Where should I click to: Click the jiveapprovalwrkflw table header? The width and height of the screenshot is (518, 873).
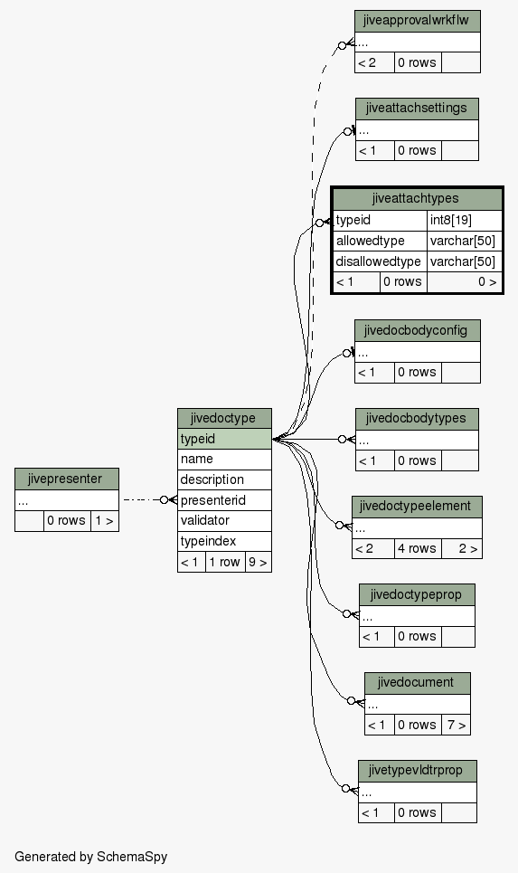(418, 21)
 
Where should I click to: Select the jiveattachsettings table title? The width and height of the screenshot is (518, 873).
(417, 109)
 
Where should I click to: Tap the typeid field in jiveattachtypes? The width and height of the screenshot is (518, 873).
(380, 220)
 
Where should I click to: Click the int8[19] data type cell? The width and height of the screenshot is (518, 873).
(465, 220)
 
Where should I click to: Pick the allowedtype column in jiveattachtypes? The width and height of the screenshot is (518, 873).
(380, 241)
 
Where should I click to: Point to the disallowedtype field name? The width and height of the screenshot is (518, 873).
(380, 261)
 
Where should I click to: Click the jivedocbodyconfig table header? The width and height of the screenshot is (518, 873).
(418, 331)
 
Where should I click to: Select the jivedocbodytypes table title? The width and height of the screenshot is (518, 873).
(417, 419)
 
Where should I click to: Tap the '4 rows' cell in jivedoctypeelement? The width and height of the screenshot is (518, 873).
(418, 548)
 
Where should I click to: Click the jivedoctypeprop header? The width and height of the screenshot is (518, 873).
(417, 594)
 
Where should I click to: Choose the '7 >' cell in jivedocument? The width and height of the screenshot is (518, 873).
(456, 725)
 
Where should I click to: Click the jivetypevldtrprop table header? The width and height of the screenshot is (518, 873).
(418, 771)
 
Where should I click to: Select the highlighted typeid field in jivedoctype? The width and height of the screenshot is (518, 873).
(224, 439)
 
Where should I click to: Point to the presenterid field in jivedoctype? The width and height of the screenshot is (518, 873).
(224, 500)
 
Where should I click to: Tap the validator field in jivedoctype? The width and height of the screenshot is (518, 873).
(224, 520)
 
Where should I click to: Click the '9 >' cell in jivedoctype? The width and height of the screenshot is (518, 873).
(259, 562)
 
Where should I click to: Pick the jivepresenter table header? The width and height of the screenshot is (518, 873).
(67, 479)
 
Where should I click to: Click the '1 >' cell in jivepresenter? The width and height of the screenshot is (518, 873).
(105, 521)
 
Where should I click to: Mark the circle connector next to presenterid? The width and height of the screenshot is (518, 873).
(165, 500)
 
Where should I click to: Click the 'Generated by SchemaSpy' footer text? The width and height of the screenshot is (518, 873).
(90, 857)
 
